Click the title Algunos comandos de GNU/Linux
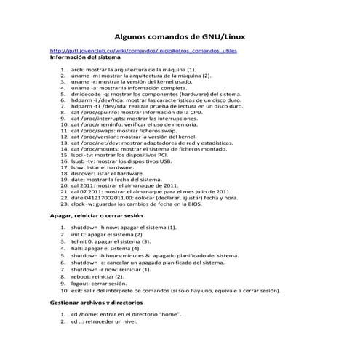tap(180, 36)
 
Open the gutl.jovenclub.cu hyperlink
tap(143, 52)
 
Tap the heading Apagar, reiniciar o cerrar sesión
tap(97, 216)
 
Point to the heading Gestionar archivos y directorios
tap(96, 301)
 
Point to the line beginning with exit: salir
tap(175, 289)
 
